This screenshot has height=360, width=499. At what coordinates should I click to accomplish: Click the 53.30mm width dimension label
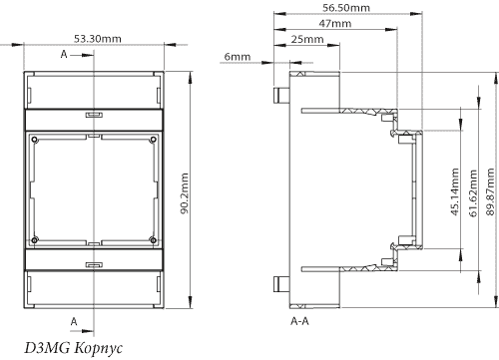pyautogui.click(x=98, y=39)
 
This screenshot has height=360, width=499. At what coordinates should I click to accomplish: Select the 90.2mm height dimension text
pyautogui.click(x=185, y=193)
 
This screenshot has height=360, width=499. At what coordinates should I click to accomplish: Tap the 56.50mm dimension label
pyautogui.click(x=346, y=8)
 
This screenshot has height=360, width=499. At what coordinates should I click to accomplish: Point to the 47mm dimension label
pyautogui.click(x=335, y=24)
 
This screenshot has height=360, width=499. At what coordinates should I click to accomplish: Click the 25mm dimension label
pyautogui.click(x=307, y=39)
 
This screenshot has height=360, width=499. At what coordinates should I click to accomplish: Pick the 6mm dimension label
pyautogui.click(x=238, y=57)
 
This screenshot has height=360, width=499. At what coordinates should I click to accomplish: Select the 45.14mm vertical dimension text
pyautogui.click(x=455, y=191)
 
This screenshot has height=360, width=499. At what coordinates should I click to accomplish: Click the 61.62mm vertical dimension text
pyautogui.click(x=473, y=193)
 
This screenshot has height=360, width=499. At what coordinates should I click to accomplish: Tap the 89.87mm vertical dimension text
pyautogui.click(x=490, y=191)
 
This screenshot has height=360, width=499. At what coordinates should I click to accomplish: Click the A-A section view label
pyautogui.click(x=299, y=321)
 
